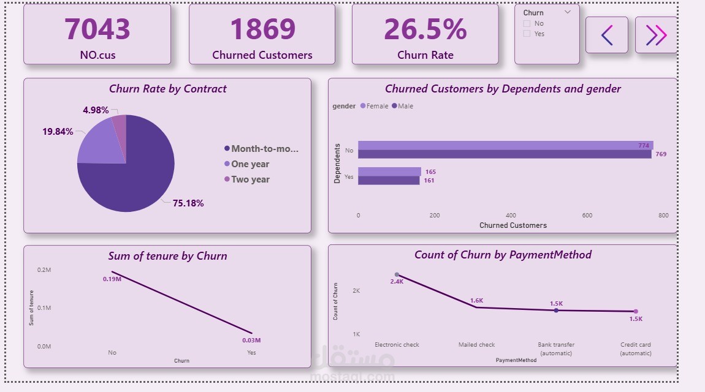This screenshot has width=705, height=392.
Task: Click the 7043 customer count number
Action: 97,29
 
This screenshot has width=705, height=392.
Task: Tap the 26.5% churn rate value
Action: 425,29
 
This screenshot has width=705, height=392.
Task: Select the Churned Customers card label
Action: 262,55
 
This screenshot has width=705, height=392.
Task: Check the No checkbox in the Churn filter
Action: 527,24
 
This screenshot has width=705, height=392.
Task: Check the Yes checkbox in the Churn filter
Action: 527,34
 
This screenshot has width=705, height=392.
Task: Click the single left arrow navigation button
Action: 606,36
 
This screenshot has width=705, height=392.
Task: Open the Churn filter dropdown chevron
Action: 567,12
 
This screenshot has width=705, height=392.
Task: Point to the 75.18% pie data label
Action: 188,203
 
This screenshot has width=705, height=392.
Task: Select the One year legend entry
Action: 250,164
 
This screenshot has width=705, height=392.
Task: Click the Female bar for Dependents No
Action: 505,145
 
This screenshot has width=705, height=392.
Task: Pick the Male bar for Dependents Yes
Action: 389,181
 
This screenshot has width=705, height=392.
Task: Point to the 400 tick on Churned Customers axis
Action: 511,216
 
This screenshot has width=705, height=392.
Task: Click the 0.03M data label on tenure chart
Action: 251,341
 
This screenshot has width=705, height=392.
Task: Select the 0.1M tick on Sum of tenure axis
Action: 44,308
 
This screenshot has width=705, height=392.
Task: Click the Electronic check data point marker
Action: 397,275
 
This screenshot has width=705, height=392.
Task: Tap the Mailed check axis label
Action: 476,345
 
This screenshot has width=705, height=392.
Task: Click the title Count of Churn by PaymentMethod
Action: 503,255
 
